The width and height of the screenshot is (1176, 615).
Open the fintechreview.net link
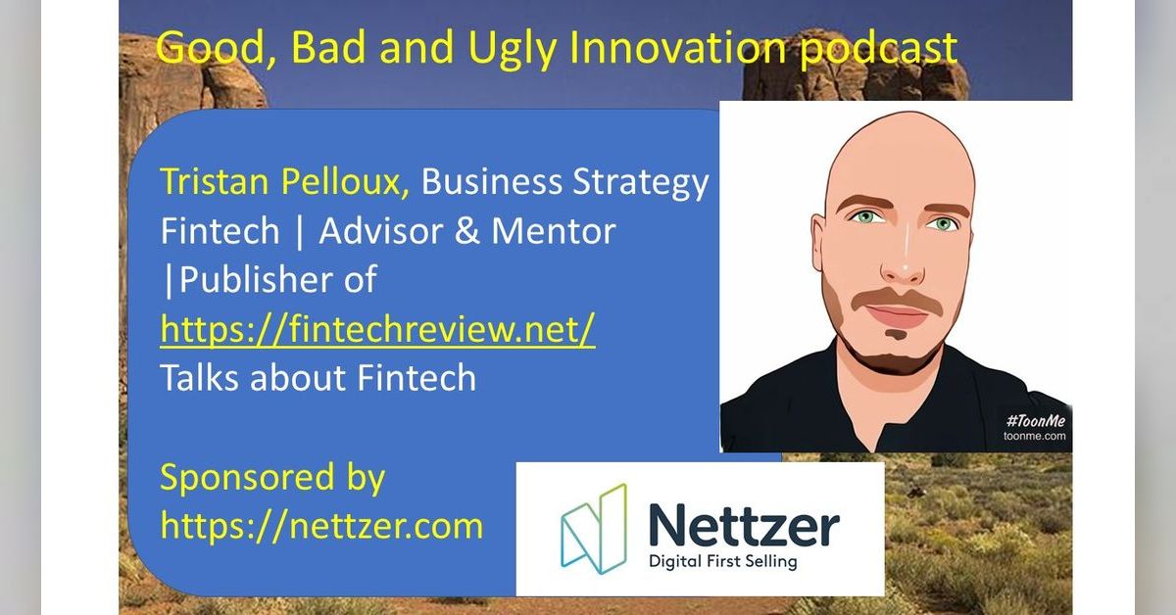click(377, 330)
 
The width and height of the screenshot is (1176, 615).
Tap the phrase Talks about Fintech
click(318, 378)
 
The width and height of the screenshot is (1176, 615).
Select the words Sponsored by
click(272, 478)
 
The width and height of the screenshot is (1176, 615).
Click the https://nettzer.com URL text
click(321, 526)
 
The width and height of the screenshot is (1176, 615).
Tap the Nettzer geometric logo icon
click(593, 529)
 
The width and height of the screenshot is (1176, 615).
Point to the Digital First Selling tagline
click(723, 562)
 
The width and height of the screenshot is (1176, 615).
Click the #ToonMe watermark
click(1034, 420)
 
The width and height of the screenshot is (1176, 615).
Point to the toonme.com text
click(1035, 437)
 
